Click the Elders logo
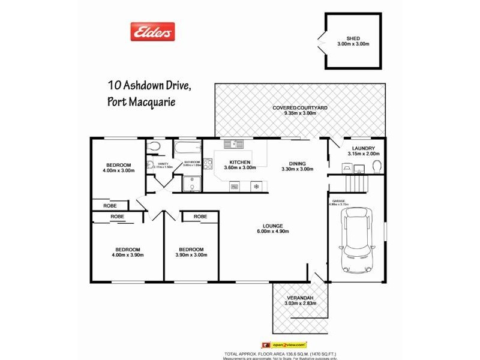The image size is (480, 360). click(x=153, y=31)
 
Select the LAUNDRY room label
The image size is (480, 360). click(x=364, y=148)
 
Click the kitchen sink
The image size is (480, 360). click(x=233, y=144)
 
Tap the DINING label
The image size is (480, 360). click(x=297, y=163)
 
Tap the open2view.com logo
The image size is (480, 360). click(x=285, y=345)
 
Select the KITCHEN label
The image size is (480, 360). click(x=239, y=163)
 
